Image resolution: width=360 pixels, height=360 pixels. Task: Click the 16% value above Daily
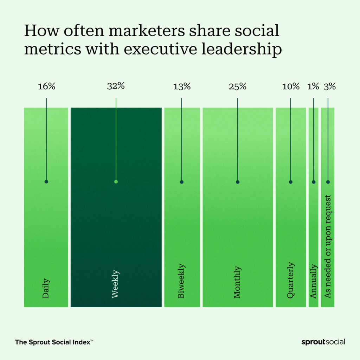tap(46, 86)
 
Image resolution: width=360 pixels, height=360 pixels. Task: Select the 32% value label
tap(116, 86)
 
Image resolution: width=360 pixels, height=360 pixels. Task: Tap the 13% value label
tap(182, 86)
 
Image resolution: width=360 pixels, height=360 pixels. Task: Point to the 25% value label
tap(238, 86)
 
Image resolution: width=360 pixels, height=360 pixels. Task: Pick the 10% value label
tap(291, 86)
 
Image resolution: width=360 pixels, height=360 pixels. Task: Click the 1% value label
tap(314, 86)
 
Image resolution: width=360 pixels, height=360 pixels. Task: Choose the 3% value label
tap(330, 86)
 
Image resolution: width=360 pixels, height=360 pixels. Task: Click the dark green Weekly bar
tap(116, 229)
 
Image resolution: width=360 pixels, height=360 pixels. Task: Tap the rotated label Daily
tap(46, 289)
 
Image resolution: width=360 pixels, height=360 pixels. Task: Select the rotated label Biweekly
tap(181, 282)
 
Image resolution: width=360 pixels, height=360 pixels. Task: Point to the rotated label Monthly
tap(238, 282)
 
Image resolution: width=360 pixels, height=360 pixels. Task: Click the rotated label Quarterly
tap(290, 281)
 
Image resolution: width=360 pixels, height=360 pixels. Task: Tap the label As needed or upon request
tap(328, 246)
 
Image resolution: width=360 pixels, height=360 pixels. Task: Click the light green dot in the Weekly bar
tap(116, 182)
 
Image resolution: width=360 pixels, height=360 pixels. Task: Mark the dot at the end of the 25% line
tap(238, 182)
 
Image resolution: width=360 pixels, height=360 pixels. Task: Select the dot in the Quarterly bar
tap(291, 182)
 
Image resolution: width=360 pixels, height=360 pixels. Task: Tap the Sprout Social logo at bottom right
tap(323, 342)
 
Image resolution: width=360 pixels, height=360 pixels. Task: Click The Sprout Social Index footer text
tap(54, 342)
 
